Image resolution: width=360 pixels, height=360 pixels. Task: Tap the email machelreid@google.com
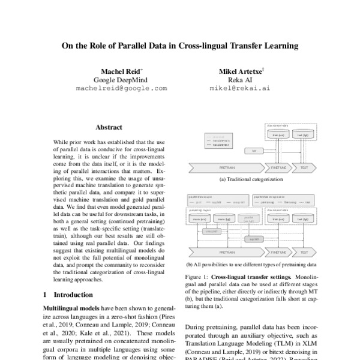pos(121,88)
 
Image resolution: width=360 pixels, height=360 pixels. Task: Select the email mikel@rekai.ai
pos(239,88)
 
